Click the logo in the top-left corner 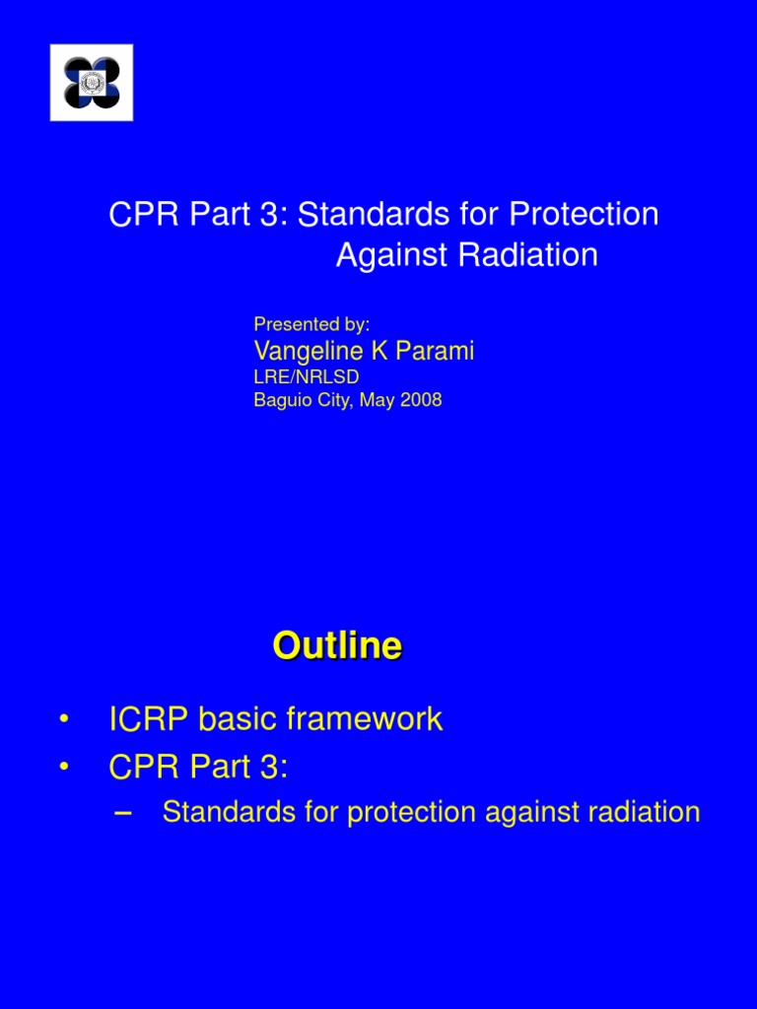pyautogui.click(x=92, y=83)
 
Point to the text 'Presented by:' pyautogui.click(x=311, y=323)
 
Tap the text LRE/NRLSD pyautogui.click(x=307, y=376)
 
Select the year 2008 pyautogui.click(x=420, y=400)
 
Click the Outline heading pyautogui.click(x=337, y=646)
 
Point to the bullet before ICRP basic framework pyautogui.click(x=64, y=719)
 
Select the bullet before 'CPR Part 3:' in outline pyautogui.click(x=64, y=767)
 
